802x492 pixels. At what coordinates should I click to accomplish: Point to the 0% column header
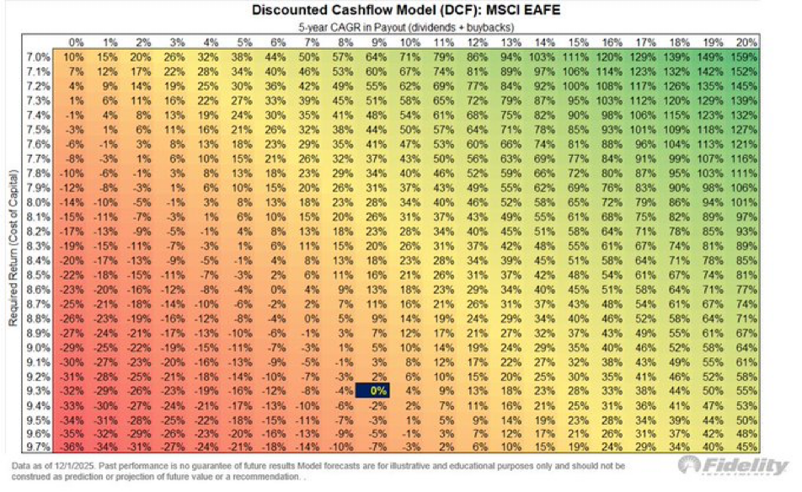[76, 42]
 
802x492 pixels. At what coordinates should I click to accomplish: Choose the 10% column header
[411, 42]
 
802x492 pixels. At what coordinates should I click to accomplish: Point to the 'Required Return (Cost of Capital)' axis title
[13, 244]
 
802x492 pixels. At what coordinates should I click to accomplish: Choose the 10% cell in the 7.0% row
[75, 56]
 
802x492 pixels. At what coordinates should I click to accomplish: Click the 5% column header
[243, 42]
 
